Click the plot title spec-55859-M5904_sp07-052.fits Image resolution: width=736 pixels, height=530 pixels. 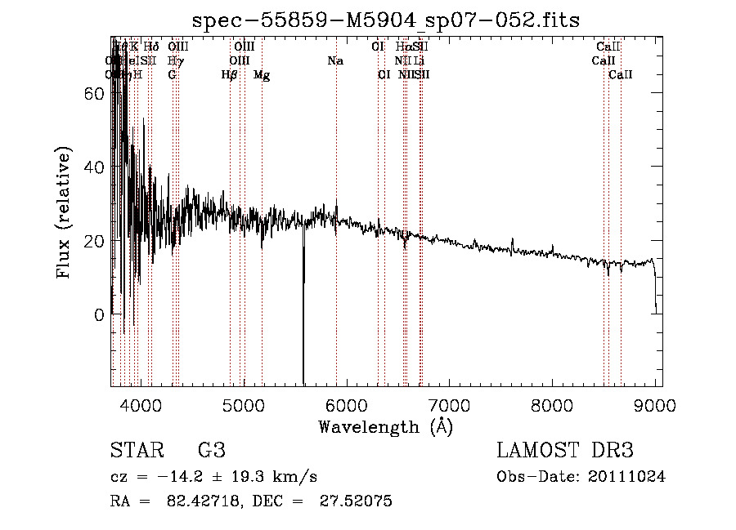pos(385,20)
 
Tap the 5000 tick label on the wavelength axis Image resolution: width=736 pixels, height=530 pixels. pos(244,404)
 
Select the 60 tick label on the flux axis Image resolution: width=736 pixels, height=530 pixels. pos(94,94)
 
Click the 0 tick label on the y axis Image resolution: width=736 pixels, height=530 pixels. pos(98,314)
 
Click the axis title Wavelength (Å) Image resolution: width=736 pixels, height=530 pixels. pos(385,425)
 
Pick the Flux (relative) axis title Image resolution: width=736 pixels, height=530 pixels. pos(64,212)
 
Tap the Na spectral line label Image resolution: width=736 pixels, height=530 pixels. pos(335,61)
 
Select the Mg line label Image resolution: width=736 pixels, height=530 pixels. pos(262,75)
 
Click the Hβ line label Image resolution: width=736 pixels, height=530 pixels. pos(230,75)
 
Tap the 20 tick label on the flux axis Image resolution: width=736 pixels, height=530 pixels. pos(94,241)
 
